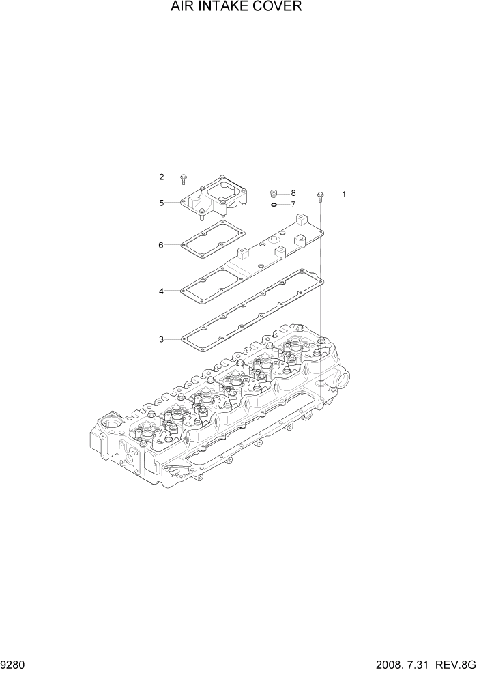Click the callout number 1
344,195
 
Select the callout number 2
162,177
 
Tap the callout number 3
161,339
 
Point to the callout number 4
161,291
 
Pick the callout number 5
162,203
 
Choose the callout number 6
161,245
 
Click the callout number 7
293,204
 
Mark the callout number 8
293,193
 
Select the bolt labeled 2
184,179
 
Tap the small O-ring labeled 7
272,203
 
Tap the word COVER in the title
279,7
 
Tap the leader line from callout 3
173,339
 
